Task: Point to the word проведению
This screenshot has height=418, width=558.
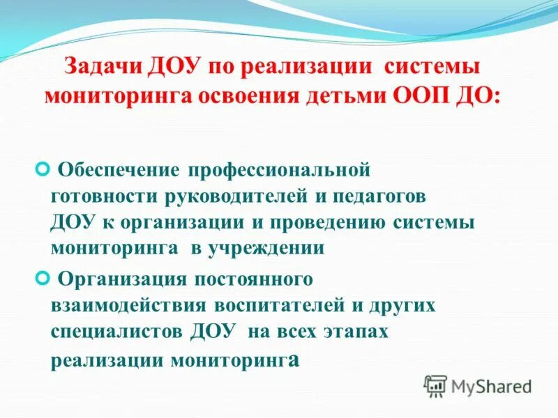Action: coord(345,222)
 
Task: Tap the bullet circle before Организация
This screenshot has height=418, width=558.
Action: coord(41,278)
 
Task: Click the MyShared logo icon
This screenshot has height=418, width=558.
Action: coord(435,385)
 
